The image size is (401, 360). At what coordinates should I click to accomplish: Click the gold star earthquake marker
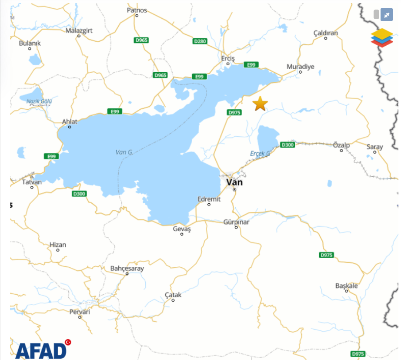click(260, 104)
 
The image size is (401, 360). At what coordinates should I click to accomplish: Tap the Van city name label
click(234, 182)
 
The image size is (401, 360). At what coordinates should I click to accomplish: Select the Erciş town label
click(228, 59)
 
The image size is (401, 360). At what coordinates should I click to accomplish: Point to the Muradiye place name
click(300, 67)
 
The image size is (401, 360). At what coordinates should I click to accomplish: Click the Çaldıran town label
click(325, 33)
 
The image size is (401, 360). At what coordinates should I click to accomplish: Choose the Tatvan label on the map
click(32, 182)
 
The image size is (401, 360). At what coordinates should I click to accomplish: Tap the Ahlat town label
click(69, 121)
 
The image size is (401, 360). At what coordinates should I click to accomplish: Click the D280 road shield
click(200, 41)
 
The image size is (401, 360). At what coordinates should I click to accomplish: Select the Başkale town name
click(346, 286)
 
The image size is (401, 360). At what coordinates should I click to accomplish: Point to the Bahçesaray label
click(127, 269)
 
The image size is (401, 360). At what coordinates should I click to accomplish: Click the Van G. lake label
click(124, 152)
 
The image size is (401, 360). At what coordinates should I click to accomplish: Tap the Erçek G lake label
click(260, 154)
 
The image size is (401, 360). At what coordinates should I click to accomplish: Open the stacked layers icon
click(381, 37)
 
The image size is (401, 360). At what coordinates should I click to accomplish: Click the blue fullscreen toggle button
click(386, 15)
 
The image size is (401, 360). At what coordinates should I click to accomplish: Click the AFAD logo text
click(40, 350)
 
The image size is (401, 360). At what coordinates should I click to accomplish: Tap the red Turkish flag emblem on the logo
click(68, 342)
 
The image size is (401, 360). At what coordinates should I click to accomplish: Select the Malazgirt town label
click(79, 30)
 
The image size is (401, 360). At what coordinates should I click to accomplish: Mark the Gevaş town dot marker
click(182, 234)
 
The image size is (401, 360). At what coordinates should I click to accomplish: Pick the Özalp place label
click(341, 145)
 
